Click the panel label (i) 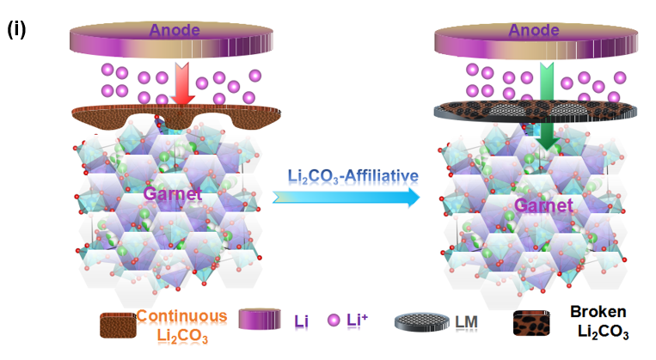(x=17, y=29)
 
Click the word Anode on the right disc (x=539, y=32)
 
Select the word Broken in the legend (x=598, y=312)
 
